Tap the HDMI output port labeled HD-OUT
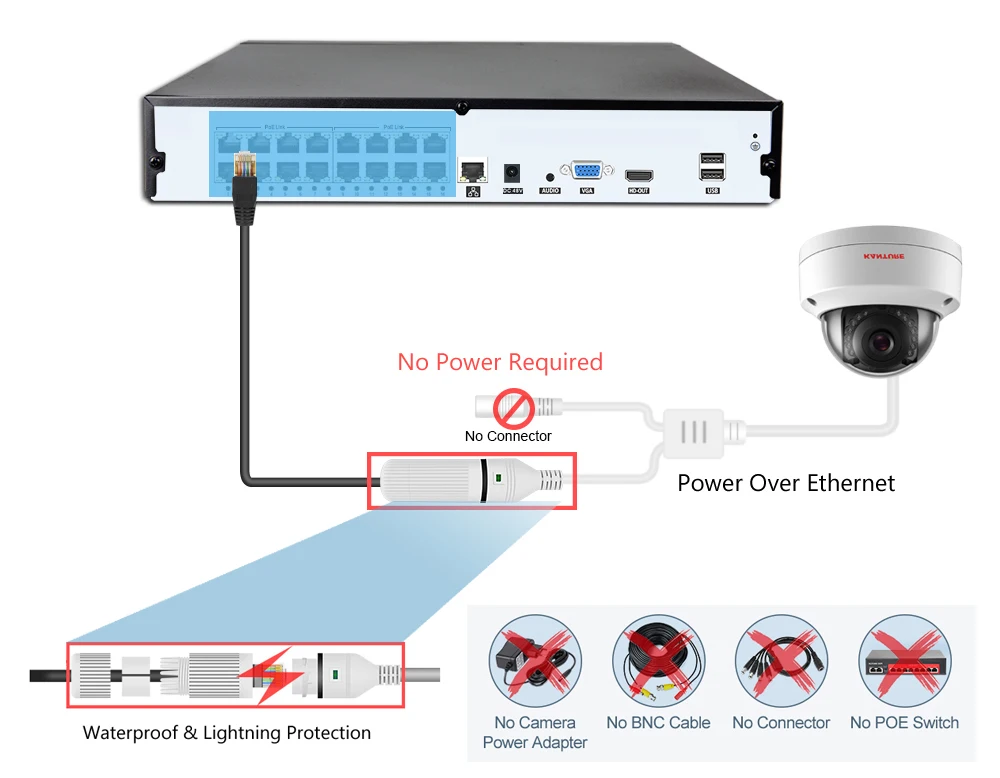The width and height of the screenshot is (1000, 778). (x=638, y=174)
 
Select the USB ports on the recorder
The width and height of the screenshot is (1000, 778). (x=712, y=164)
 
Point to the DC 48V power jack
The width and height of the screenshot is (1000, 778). (x=513, y=171)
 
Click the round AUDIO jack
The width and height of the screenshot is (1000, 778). (x=549, y=175)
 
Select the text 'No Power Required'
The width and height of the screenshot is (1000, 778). (x=500, y=361)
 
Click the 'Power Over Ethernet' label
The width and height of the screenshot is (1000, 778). (x=786, y=484)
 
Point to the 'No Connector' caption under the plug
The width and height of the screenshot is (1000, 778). (x=508, y=436)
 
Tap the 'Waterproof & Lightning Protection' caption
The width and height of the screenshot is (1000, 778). (x=227, y=733)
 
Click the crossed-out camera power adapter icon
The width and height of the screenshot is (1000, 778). (x=535, y=662)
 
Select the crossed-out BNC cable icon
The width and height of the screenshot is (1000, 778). (x=658, y=662)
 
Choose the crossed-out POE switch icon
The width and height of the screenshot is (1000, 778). (x=904, y=662)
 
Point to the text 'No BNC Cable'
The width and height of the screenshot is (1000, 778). (x=658, y=723)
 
